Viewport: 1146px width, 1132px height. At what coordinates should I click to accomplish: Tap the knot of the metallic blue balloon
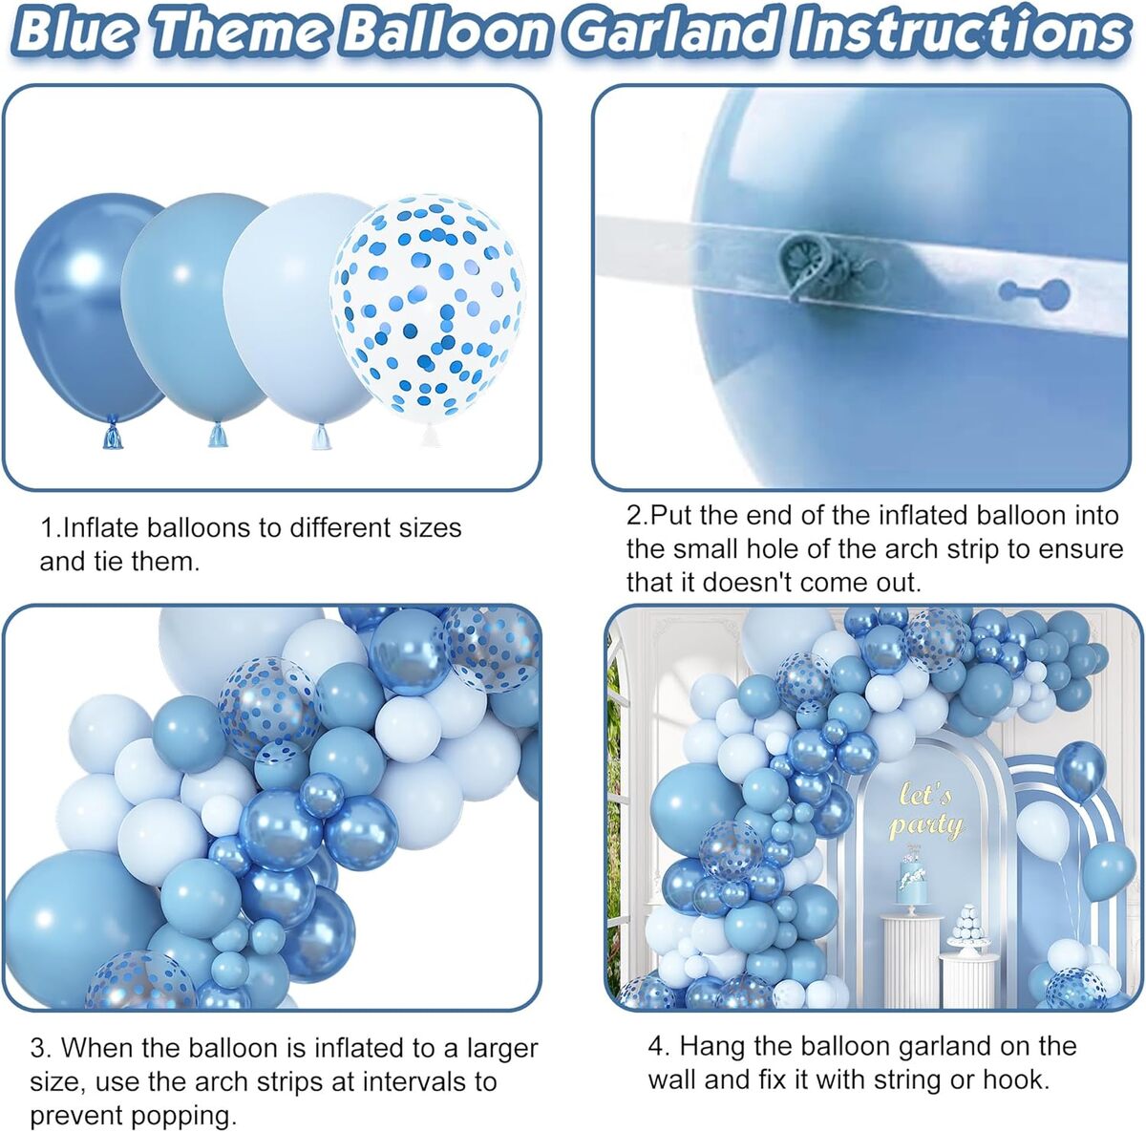pyautogui.click(x=112, y=437)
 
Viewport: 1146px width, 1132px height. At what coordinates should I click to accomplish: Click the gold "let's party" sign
pyautogui.click(x=924, y=810)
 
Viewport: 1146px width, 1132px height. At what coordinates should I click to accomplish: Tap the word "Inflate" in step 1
pyautogui.click(x=101, y=527)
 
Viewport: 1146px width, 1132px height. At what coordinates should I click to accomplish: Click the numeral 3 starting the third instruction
pyautogui.click(x=37, y=1048)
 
